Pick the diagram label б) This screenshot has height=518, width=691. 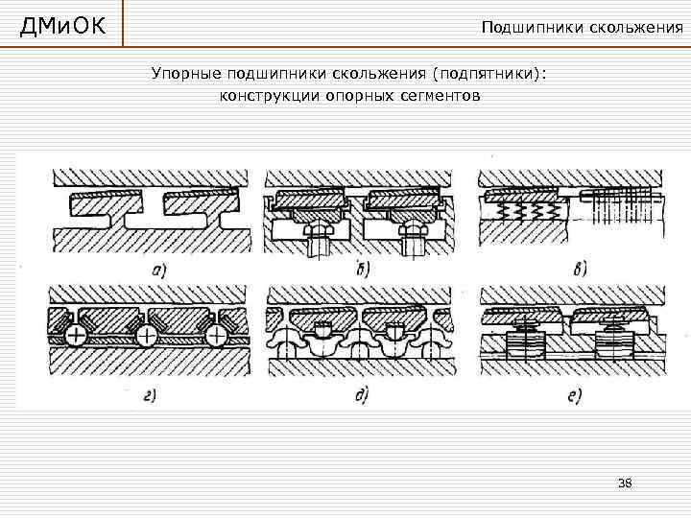[x=363, y=267]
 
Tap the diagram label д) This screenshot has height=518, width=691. [x=362, y=394]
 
